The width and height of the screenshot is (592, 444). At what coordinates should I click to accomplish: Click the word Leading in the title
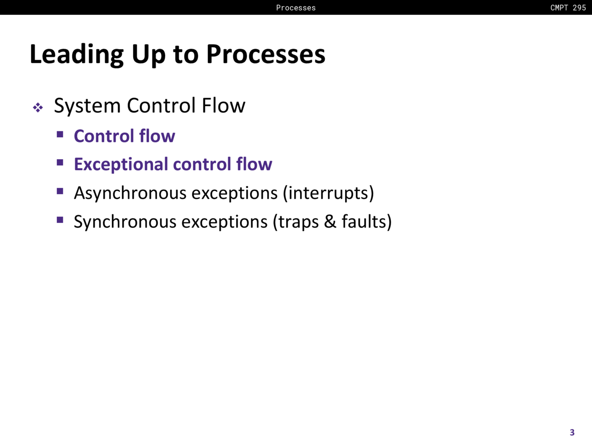pyautogui.click(x=77, y=55)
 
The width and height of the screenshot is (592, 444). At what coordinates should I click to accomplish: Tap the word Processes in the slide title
pyautogui.click(x=266, y=54)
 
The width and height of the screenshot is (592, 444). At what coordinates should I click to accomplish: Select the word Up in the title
pyautogui.click(x=148, y=55)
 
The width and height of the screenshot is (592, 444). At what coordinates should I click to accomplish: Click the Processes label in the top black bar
pyautogui.click(x=296, y=7)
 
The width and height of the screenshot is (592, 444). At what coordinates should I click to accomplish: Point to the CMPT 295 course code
pyautogui.click(x=568, y=7)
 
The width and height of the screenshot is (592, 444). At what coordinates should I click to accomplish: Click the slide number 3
pyautogui.click(x=572, y=432)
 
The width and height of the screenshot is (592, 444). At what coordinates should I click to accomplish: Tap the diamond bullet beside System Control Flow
pyautogui.click(x=38, y=107)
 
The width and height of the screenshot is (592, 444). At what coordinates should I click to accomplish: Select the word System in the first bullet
pyautogui.click(x=87, y=106)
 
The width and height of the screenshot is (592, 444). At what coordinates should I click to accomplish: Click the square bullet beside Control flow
pyautogui.click(x=60, y=134)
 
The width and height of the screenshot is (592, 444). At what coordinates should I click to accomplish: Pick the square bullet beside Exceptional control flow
pyautogui.click(x=60, y=162)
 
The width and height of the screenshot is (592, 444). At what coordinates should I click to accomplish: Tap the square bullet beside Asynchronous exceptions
pyautogui.click(x=60, y=191)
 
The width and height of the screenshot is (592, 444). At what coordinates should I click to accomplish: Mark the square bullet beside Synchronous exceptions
pyautogui.click(x=60, y=220)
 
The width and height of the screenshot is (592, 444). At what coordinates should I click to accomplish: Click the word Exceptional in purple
pyautogui.click(x=121, y=165)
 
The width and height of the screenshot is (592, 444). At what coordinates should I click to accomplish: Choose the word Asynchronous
pyautogui.click(x=130, y=193)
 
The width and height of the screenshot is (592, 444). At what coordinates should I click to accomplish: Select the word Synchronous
pyautogui.click(x=125, y=222)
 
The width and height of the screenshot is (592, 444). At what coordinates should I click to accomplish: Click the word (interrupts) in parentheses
pyautogui.click(x=328, y=193)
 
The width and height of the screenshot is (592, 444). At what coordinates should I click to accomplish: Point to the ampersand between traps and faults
pyautogui.click(x=330, y=222)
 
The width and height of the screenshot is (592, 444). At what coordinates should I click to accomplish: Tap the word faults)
pyautogui.click(x=366, y=222)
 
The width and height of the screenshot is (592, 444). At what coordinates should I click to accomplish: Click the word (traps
pyautogui.click(x=296, y=222)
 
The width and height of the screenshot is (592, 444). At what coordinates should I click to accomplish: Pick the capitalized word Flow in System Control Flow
pyautogui.click(x=223, y=105)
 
